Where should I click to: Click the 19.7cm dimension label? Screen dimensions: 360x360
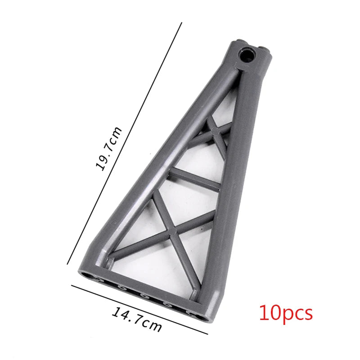tap(108, 148)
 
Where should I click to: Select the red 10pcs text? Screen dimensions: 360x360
tap(286, 313)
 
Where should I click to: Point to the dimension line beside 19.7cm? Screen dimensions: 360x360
tap(125, 143)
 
